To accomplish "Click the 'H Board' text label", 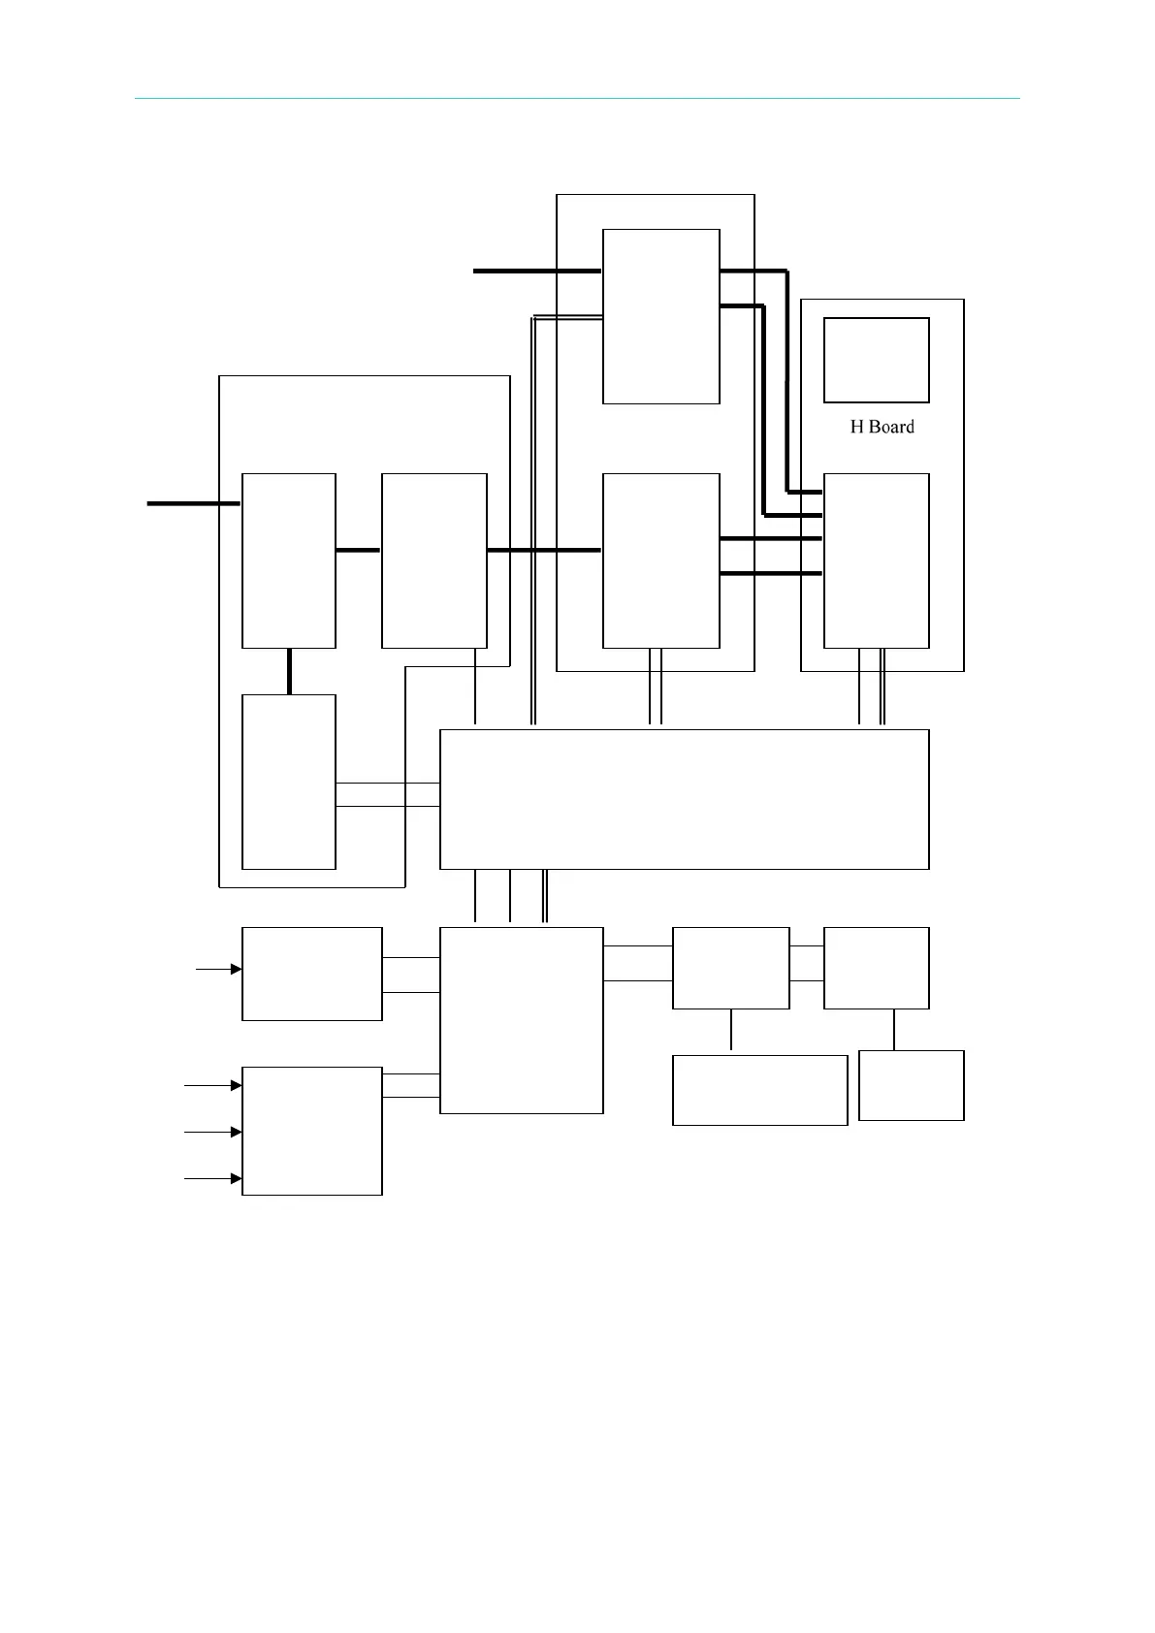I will pos(882,427).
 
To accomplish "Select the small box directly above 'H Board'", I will pos(876,360).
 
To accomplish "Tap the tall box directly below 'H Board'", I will pos(876,560).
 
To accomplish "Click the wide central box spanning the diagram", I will pos(684,799).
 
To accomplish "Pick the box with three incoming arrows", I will pos(311,1131).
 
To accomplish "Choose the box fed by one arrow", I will pos(311,974).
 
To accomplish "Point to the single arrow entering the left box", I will pos(219,969).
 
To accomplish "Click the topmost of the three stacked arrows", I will pos(213,1085).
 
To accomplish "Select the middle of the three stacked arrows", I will pos(213,1132).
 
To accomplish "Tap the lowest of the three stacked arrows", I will pos(213,1178).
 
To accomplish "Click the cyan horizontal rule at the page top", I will pos(577,98).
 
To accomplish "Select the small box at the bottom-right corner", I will pos(911,1085).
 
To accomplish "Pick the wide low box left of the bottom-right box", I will pos(759,1090).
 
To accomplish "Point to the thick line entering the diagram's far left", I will pos(193,503).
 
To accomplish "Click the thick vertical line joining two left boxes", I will pos(289,671).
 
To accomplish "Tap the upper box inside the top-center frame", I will pos(660,316).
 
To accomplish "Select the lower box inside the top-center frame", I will pos(660,560).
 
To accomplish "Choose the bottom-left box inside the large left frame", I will pos(288,782).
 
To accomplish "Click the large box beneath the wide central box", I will pos(521,1020).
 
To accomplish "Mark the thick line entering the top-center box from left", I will pos(536,272).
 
